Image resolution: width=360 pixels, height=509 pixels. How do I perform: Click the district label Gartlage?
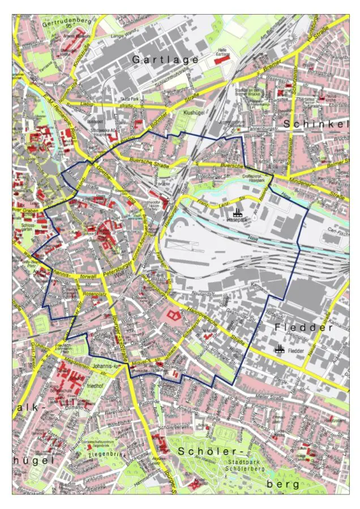165,59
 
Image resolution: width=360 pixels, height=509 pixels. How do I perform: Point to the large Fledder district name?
303,327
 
